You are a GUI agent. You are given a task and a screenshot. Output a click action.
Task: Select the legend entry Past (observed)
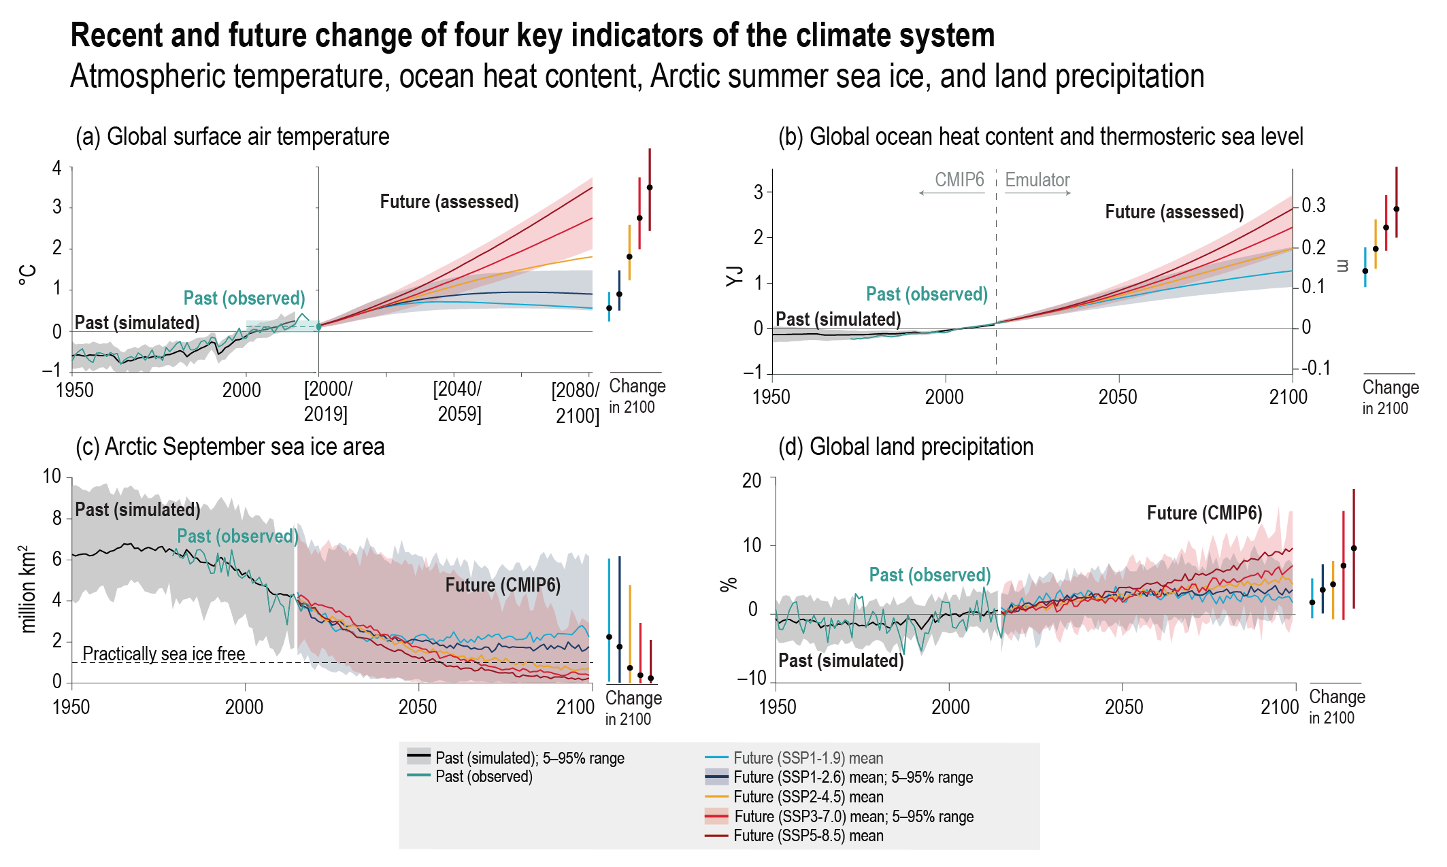click(x=484, y=777)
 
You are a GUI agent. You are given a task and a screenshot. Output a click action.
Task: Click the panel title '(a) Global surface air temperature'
click(x=232, y=137)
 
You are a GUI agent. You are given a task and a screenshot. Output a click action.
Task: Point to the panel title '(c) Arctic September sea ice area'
click(x=230, y=447)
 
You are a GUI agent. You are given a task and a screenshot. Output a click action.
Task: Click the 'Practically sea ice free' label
click(x=163, y=653)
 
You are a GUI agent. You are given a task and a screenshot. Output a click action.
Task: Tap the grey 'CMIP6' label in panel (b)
click(x=959, y=180)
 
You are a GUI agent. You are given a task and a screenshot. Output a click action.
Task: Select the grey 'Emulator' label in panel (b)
click(x=1037, y=180)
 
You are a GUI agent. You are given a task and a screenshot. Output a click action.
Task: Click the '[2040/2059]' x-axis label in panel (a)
click(x=458, y=401)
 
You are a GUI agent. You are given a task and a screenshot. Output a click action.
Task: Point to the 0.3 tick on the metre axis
click(x=1313, y=205)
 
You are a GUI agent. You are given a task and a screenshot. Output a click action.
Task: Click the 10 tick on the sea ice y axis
click(x=52, y=476)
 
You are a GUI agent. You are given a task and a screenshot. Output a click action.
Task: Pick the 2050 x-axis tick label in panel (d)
click(x=1124, y=707)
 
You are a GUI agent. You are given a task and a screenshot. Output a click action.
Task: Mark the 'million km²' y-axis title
click(x=27, y=589)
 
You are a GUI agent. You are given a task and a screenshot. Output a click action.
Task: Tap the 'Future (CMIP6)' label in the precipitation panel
click(x=1204, y=513)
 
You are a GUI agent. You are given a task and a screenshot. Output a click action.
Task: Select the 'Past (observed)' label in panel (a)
click(x=244, y=298)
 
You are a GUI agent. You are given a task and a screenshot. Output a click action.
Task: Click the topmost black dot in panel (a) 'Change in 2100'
click(x=650, y=188)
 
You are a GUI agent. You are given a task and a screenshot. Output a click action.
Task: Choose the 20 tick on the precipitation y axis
click(x=752, y=481)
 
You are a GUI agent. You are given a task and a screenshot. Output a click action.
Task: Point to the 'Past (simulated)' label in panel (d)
click(x=841, y=660)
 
